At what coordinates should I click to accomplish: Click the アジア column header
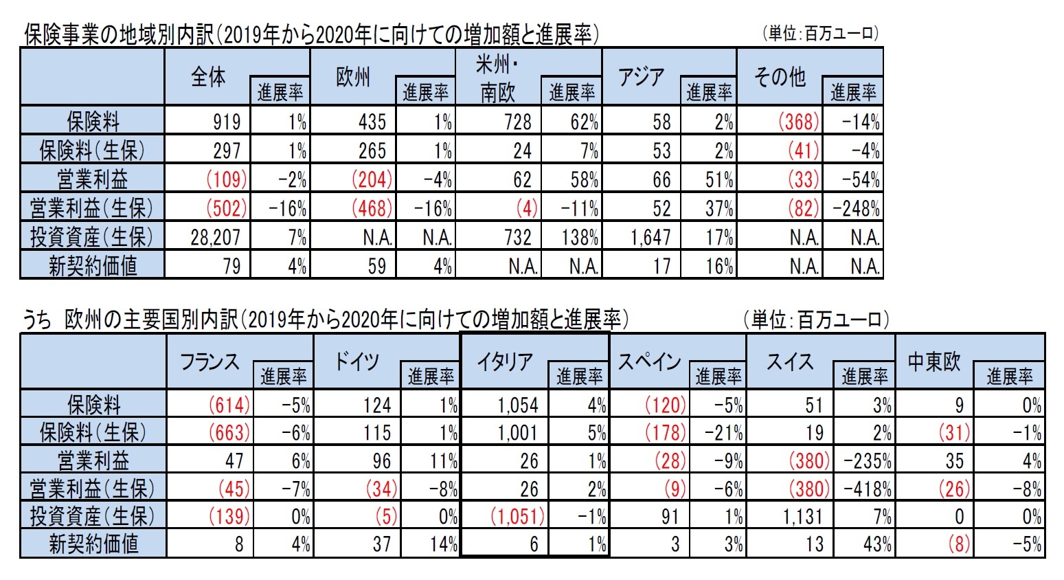(x=641, y=77)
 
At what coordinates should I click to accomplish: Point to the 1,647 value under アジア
(x=650, y=238)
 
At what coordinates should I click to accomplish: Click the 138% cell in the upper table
(x=580, y=238)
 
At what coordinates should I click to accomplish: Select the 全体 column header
(x=208, y=77)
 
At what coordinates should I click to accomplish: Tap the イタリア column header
(x=505, y=361)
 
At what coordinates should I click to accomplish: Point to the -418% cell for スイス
(x=868, y=489)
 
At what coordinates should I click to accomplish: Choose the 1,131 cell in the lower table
(x=802, y=516)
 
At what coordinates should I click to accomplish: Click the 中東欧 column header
(x=934, y=361)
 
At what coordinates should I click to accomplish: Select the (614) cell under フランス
(x=229, y=405)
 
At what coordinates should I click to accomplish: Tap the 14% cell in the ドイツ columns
(x=444, y=544)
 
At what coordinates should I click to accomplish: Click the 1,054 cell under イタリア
(x=518, y=405)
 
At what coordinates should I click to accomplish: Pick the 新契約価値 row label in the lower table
(x=93, y=544)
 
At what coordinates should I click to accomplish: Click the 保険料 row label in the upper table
(x=93, y=122)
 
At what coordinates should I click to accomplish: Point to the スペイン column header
(x=649, y=361)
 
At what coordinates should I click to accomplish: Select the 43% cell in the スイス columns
(x=877, y=544)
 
